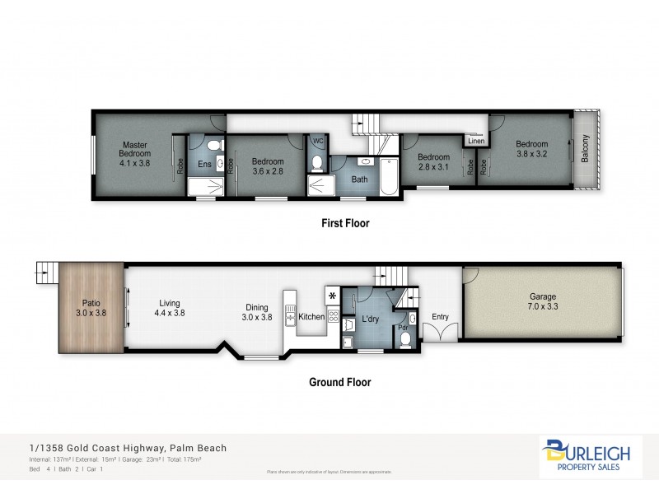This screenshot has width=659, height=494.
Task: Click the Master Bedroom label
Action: click(x=134, y=153)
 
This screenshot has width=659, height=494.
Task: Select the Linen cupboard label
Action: click(x=476, y=141)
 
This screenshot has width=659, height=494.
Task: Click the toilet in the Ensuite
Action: click(x=214, y=145)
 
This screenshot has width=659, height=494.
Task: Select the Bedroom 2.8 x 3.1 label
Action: click(x=433, y=162)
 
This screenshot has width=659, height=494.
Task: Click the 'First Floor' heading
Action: click(x=345, y=223)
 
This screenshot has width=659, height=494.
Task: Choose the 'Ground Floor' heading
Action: click(x=339, y=382)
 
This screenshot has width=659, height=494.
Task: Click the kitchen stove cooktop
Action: click(x=334, y=315)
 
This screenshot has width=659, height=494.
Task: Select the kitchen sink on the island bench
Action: click(x=290, y=315)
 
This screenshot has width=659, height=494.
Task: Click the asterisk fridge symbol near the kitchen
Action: click(x=333, y=295)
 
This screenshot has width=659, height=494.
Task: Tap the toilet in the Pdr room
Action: click(x=404, y=339)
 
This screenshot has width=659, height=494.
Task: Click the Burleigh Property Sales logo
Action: click(x=591, y=458)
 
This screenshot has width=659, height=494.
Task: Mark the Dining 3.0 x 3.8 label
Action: click(x=256, y=312)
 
